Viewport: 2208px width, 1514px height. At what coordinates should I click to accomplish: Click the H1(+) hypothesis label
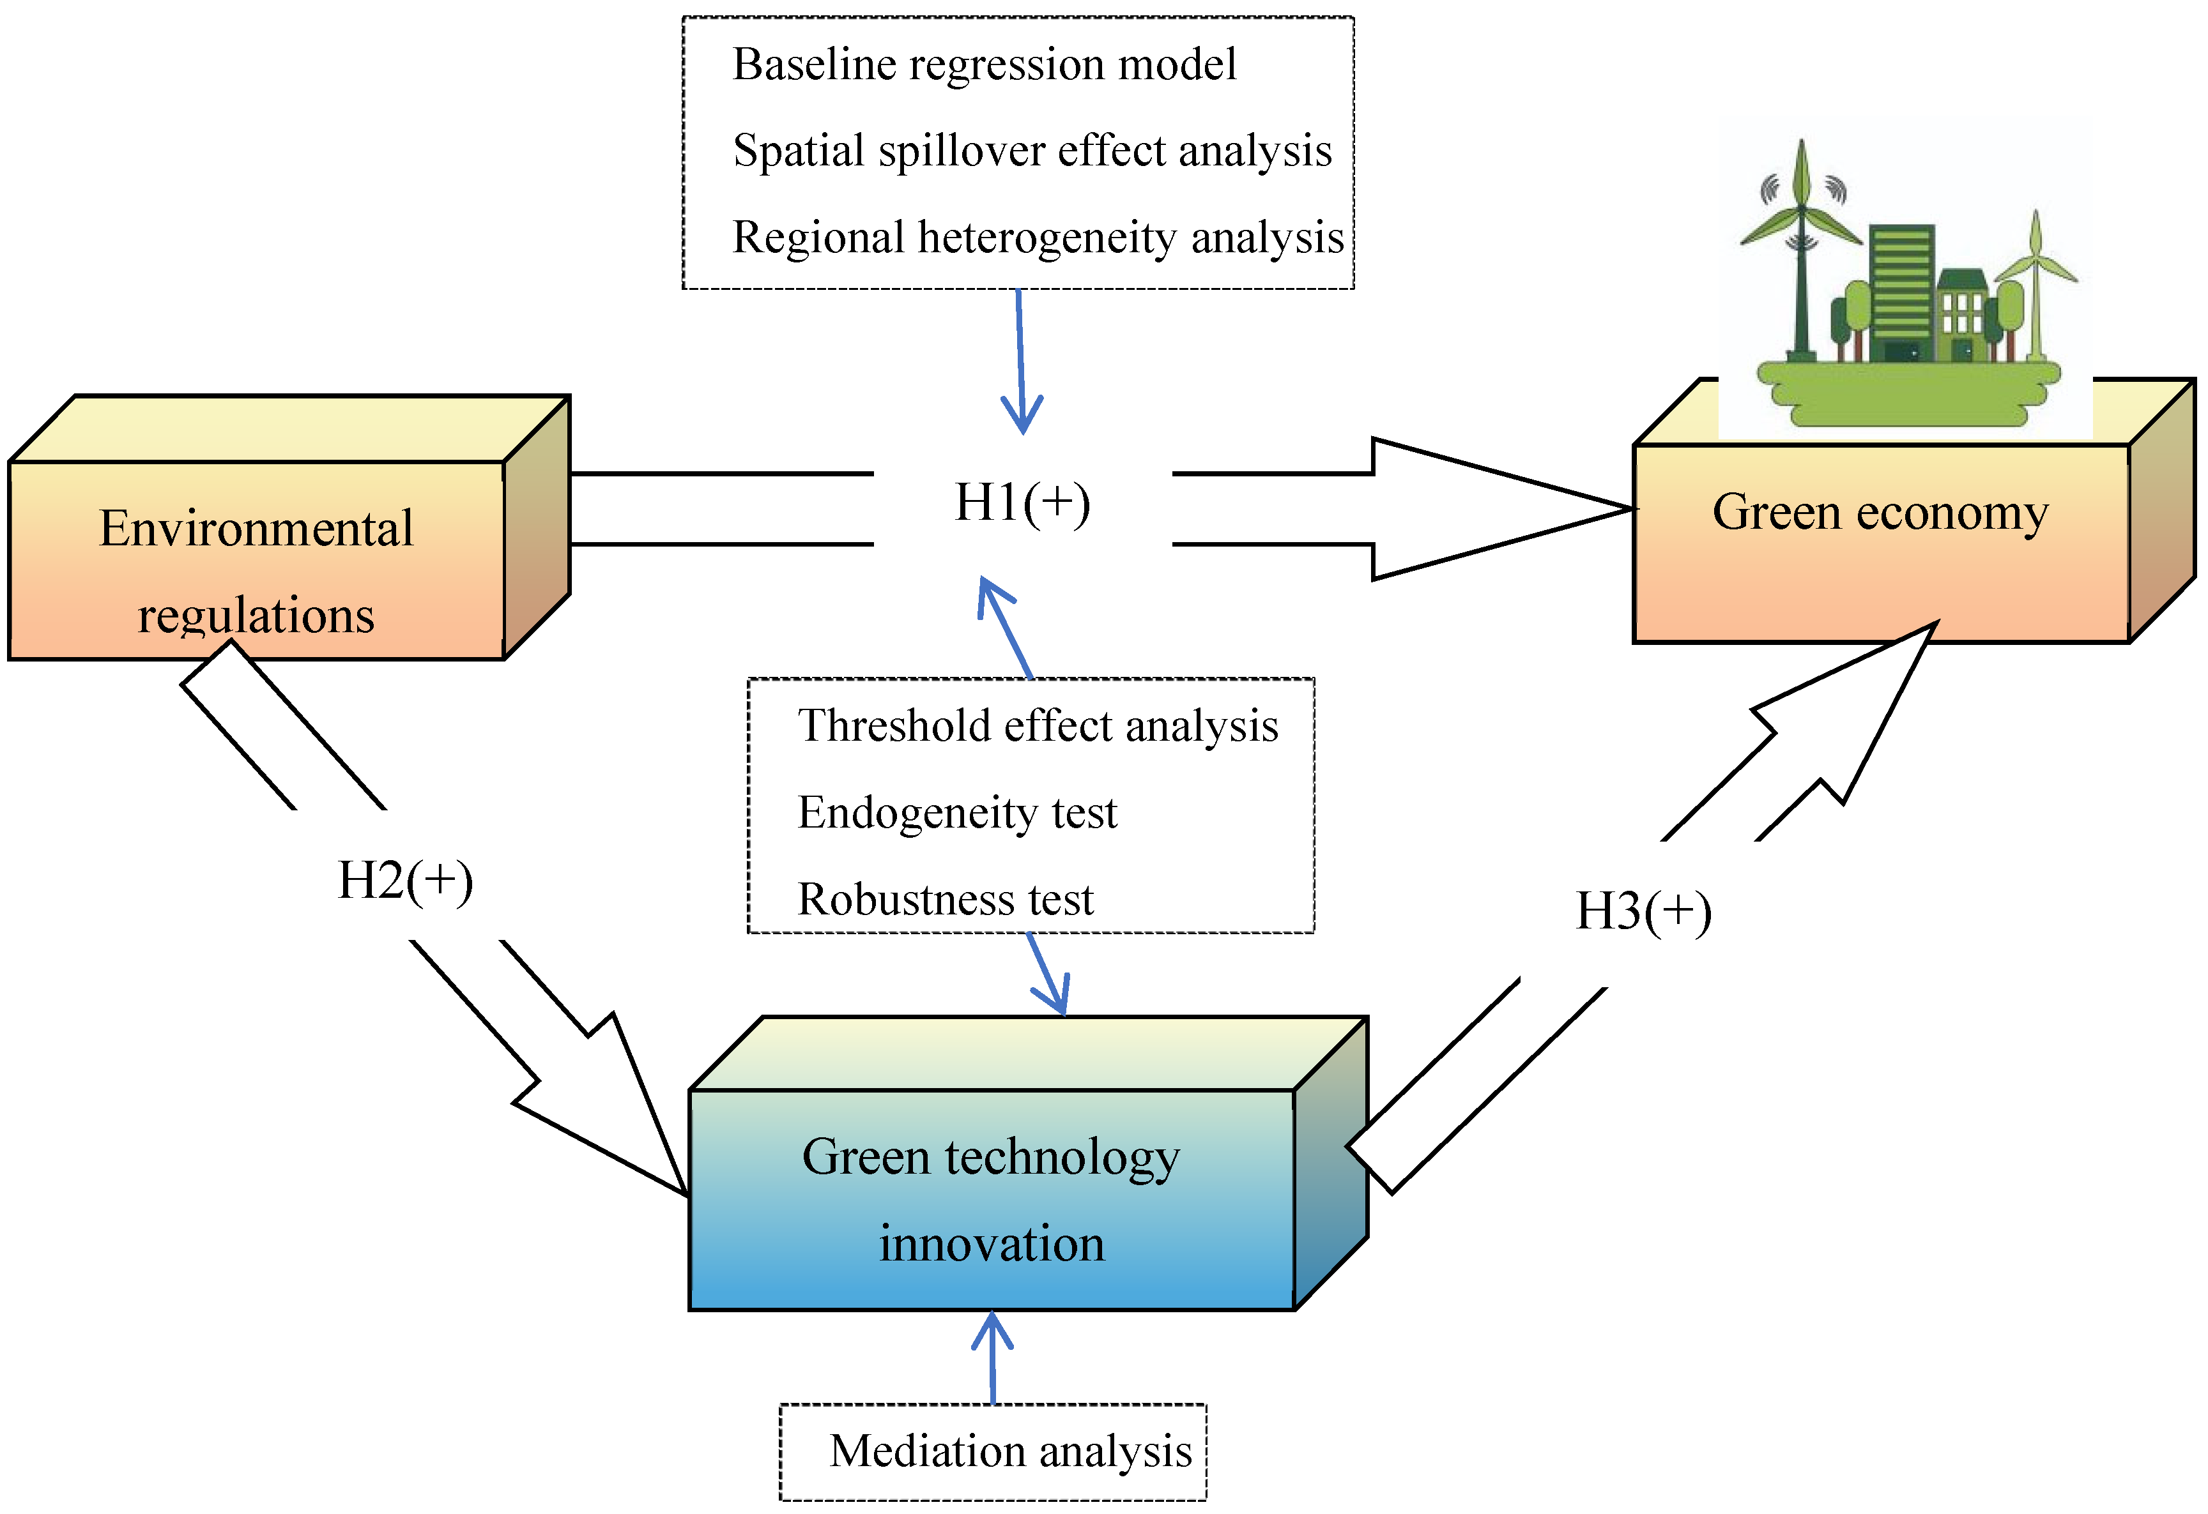1022,503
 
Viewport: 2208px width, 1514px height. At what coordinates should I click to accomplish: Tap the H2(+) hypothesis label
406,881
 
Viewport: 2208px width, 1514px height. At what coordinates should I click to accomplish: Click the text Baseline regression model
985,64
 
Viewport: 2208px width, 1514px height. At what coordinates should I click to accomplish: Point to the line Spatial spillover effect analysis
1032,151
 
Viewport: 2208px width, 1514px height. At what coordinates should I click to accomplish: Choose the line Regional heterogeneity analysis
1038,238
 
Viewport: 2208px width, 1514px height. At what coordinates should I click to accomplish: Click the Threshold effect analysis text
1038,725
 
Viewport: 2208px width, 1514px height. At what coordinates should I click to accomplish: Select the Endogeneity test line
957,813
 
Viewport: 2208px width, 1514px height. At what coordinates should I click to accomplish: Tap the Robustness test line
946,900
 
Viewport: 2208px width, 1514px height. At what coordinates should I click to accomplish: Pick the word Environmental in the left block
257,529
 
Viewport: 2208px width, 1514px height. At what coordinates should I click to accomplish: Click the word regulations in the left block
257,616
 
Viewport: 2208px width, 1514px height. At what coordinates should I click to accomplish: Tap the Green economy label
1880,513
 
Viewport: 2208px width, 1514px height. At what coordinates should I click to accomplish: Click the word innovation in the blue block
992,1245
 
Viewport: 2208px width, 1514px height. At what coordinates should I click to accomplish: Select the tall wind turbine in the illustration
1802,247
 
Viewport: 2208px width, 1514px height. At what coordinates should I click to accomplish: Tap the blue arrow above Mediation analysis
993,1358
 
